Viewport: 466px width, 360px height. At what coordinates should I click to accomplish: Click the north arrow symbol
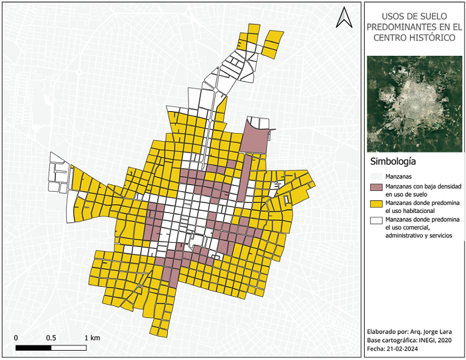click(x=344, y=17)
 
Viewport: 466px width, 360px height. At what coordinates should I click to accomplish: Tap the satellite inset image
click(x=414, y=103)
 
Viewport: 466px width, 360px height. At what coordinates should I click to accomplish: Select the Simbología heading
click(x=393, y=161)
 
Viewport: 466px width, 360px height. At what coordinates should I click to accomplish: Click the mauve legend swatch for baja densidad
click(x=377, y=188)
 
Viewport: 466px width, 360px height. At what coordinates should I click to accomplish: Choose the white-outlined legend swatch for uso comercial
click(x=377, y=220)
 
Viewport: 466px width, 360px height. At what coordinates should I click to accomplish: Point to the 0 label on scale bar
click(x=16, y=337)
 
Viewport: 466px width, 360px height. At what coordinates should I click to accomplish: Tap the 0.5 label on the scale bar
click(x=51, y=337)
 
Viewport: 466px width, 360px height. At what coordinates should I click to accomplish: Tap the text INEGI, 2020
click(x=437, y=340)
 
